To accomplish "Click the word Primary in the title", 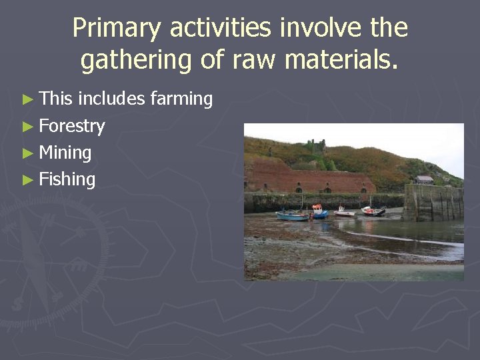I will (117, 28).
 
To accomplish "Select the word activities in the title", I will (221, 28).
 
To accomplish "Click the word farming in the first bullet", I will (181, 99).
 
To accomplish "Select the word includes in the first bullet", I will (111, 99).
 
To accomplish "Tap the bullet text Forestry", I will (72, 126).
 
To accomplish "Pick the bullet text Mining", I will (65, 153).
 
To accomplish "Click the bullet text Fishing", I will (67, 179).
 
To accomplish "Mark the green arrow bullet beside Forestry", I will (27, 127).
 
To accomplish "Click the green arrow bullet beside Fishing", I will (27, 180).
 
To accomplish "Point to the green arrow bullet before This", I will (27, 100).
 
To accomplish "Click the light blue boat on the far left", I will (292, 215).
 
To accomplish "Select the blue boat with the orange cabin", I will (319, 213).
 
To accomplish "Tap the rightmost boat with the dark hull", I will (373, 211).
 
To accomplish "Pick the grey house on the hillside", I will (423, 179).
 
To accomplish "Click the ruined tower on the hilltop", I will (315, 145).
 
